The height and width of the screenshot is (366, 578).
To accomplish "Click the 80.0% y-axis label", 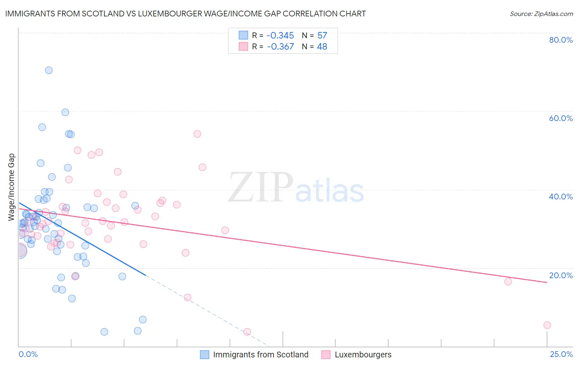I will click(x=561, y=40).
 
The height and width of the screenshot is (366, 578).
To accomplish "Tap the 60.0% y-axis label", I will click(x=561, y=118).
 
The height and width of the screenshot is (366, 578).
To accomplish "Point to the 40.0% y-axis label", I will click(x=561, y=197).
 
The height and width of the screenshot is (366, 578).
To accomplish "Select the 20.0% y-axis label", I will click(x=561, y=275).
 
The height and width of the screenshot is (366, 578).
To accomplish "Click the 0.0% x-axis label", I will click(x=28, y=355).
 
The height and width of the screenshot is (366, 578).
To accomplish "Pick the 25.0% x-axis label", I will click(x=561, y=355).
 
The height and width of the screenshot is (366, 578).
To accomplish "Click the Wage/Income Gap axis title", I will click(x=12, y=187).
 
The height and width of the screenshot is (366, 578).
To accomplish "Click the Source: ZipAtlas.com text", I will click(x=541, y=14).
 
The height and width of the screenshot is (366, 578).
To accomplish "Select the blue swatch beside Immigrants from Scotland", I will click(x=205, y=355).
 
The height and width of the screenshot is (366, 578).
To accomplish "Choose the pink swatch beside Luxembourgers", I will click(x=326, y=355).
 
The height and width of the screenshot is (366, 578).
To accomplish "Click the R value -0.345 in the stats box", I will click(x=280, y=35).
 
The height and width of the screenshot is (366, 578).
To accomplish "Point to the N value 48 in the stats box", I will click(x=322, y=47).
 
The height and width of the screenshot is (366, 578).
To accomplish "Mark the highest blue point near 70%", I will click(x=49, y=70).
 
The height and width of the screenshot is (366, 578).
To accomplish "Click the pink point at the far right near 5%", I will click(x=547, y=325).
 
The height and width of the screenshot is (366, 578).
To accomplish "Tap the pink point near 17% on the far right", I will click(x=508, y=281).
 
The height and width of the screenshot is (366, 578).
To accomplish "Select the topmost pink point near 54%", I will click(x=197, y=134).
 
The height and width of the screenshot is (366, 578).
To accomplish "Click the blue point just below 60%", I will click(x=65, y=112).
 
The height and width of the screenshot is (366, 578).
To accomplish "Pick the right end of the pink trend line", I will click(x=547, y=282).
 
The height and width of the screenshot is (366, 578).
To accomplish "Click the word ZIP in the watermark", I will click(x=261, y=188).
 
